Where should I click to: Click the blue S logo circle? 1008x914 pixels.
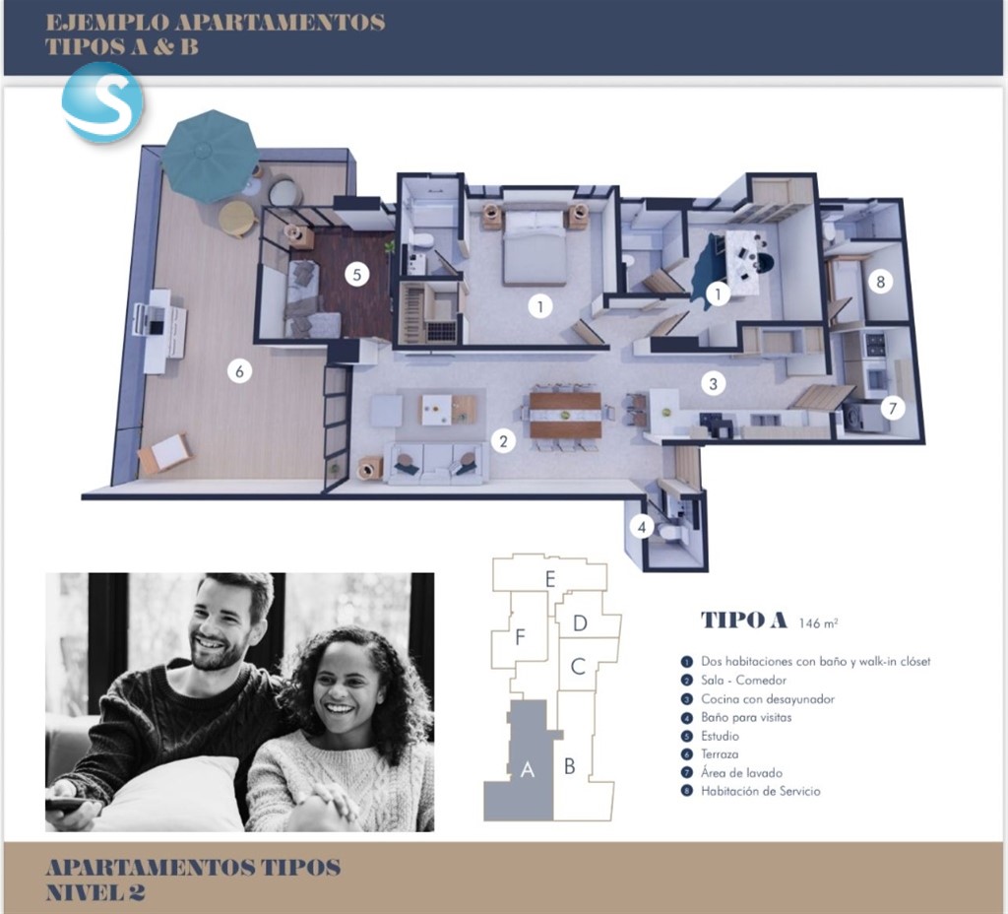(x=101, y=101)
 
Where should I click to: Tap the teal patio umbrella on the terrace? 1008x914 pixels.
(x=210, y=156)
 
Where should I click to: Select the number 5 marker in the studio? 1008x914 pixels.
(x=356, y=275)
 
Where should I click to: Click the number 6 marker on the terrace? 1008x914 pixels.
(x=240, y=370)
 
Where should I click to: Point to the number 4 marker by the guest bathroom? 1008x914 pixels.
(x=642, y=528)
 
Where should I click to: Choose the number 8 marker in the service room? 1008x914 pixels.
(x=881, y=281)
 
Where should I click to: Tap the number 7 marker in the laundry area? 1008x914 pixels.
(x=892, y=407)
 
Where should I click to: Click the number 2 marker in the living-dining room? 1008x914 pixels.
(x=503, y=441)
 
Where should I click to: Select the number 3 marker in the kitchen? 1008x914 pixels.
(x=713, y=384)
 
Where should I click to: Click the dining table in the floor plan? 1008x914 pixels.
(x=565, y=415)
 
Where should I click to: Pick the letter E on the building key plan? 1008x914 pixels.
(x=550, y=579)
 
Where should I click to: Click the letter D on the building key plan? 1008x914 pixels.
(x=580, y=623)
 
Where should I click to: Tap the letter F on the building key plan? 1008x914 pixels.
(x=520, y=637)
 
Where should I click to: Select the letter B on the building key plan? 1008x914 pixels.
(x=570, y=766)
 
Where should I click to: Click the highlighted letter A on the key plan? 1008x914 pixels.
(x=528, y=769)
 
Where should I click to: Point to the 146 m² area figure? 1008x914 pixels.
(x=818, y=622)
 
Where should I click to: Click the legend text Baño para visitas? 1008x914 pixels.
(x=746, y=717)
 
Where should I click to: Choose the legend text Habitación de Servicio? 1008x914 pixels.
(x=761, y=791)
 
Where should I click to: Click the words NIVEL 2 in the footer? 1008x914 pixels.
(x=95, y=892)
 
